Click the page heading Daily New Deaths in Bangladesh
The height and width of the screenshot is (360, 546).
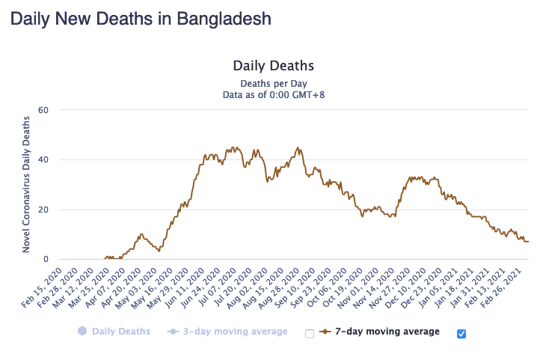click(141, 18)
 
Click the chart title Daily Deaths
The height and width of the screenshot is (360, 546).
click(273, 66)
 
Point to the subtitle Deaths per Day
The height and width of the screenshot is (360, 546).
click(273, 83)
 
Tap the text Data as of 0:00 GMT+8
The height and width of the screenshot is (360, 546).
click(273, 95)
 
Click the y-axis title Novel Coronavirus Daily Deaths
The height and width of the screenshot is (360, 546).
click(26, 184)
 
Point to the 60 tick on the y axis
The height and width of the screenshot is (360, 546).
click(43, 110)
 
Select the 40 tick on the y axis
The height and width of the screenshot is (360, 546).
click(43, 159)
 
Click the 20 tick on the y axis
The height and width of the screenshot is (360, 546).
click(43, 210)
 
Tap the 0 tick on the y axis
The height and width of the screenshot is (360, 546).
click(46, 260)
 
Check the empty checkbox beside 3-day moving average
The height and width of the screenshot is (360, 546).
click(309, 333)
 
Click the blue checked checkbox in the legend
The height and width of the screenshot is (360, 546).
click(461, 333)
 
